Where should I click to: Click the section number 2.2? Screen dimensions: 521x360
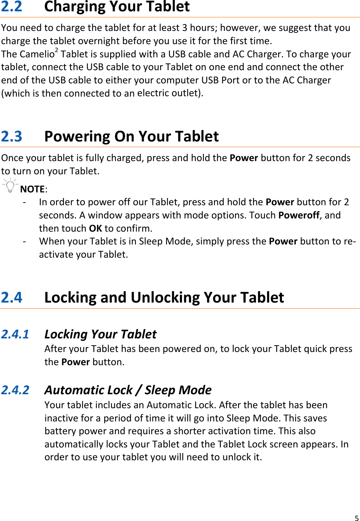click(x=12, y=7)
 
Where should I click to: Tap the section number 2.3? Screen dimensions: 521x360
click(x=12, y=137)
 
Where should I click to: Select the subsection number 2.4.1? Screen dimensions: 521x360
click(x=15, y=334)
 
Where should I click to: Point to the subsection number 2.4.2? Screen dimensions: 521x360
click(x=15, y=390)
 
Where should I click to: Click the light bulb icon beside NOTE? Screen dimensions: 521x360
click(x=10, y=186)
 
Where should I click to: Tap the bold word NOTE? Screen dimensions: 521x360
click(x=32, y=189)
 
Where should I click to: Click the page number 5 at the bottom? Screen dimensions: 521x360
click(x=356, y=518)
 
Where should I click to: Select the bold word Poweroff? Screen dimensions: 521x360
click(x=299, y=215)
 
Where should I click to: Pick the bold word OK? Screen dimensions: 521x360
click(x=95, y=228)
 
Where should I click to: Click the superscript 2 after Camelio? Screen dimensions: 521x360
click(x=57, y=50)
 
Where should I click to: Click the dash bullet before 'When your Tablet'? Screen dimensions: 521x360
click(x=25, y=241)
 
